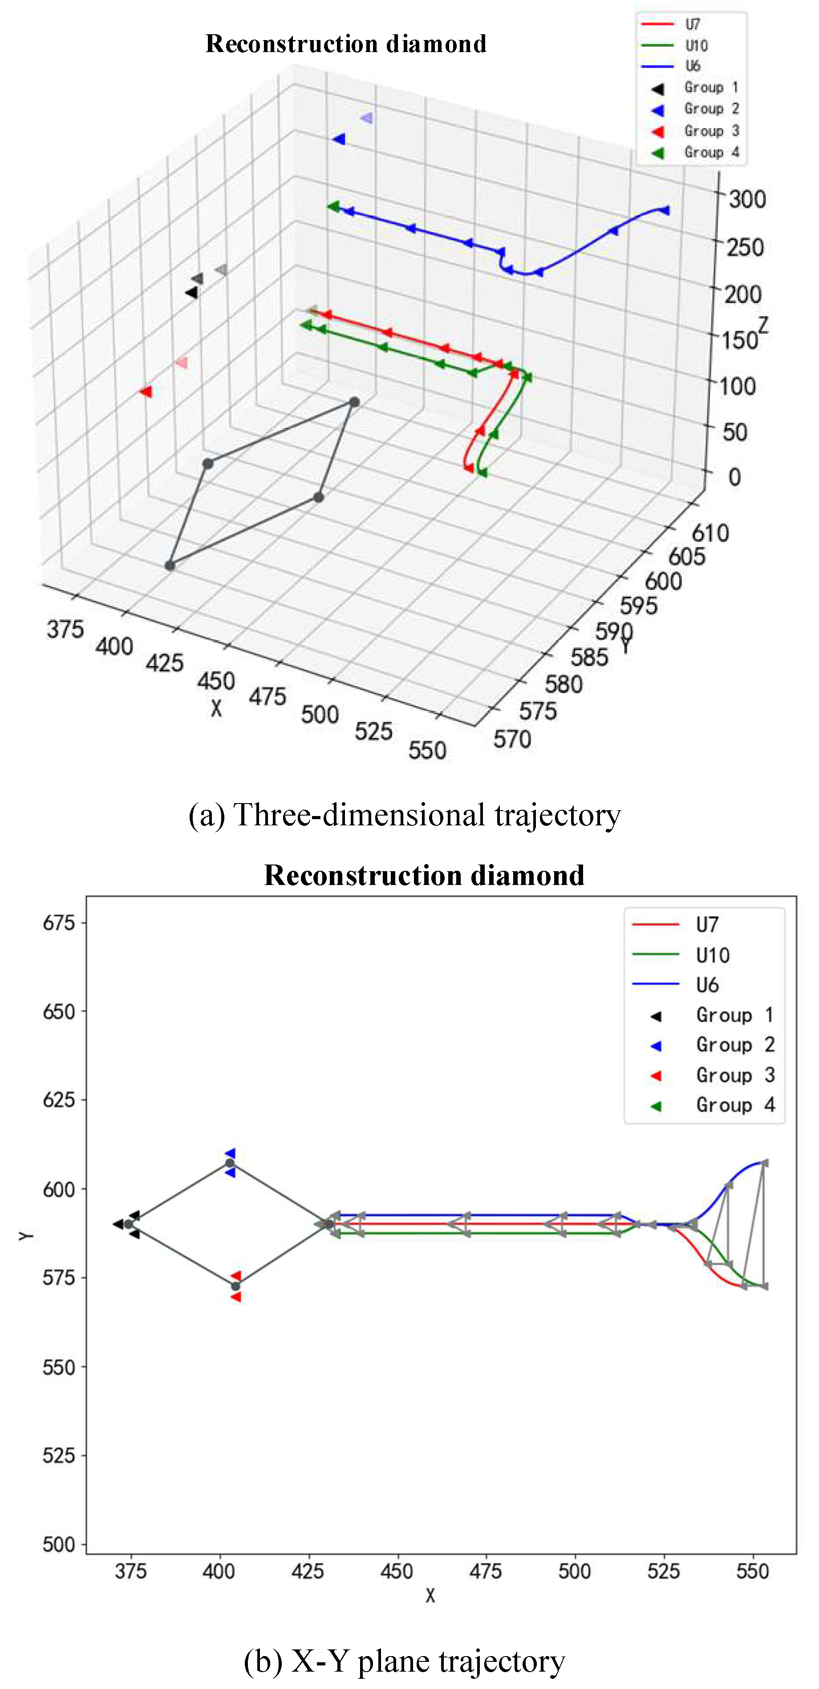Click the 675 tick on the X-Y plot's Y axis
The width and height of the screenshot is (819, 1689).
tap(59, 923)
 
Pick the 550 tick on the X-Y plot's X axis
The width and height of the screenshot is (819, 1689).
tap(753, 1571)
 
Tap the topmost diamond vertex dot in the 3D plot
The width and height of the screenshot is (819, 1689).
tap(354, 402)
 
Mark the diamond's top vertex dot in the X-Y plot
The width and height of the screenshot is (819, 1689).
tap(230, 1163)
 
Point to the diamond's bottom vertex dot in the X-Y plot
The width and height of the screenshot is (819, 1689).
tap(235, 1286)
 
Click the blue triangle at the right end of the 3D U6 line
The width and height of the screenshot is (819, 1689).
tap(665, 210)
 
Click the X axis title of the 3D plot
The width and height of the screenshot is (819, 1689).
tap(216, 708)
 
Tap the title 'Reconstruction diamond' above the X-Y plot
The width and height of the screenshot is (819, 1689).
tap(424, 875)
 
